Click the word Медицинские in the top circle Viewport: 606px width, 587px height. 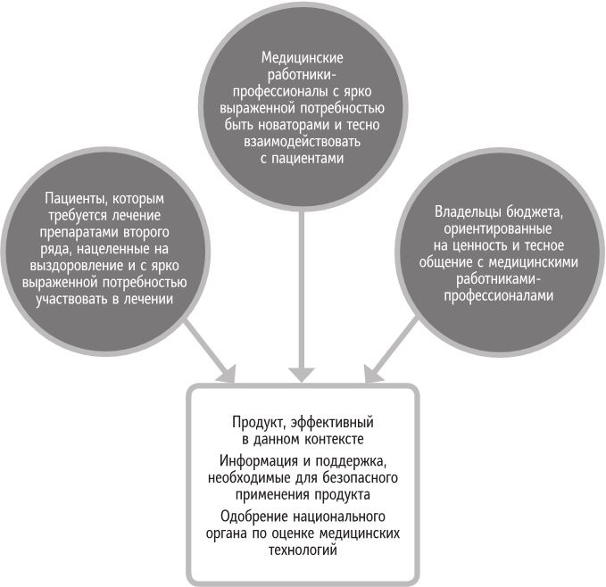point(302,58)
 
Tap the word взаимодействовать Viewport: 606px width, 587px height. point(302,142)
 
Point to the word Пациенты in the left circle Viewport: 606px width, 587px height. point(77,199)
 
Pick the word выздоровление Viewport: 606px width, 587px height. point(76,267)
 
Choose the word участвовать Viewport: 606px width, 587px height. point(72,300)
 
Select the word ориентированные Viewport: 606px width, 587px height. point(498,229)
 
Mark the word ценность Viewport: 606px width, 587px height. point(480,246)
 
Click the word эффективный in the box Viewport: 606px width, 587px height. point(332,423)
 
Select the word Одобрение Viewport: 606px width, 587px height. point(253,517)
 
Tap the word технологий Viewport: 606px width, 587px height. point(303,550)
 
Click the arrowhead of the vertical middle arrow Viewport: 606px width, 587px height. point(302,375)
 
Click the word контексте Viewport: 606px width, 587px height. point(334,440)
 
